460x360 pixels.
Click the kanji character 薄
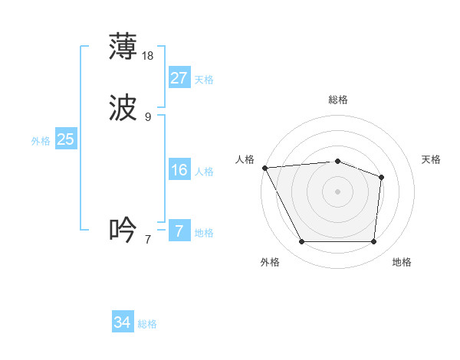tap(123, 47)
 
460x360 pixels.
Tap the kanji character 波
tap(123, 109)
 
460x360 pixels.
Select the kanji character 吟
tap(123, 230)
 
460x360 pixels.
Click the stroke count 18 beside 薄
tap(149, 55)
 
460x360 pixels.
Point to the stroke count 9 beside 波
tap(148, 116)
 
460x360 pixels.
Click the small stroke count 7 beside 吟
tap(148, 239)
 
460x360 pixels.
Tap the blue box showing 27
tap(179, 78)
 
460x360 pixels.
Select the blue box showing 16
tap(179, 170)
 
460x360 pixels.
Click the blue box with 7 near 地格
tap(179, 231)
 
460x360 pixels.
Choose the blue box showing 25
tap(65, 139)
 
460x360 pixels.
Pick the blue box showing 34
tap(123, 323)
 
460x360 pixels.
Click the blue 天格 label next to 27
tap(204, 80)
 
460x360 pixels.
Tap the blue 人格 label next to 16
tap(204, 172)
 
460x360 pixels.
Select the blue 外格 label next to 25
tap(41, 141)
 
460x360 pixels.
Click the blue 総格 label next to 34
tap(148, 325)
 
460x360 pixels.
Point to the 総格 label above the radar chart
tap(338, 100)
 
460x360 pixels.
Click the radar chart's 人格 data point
tap(264, 168)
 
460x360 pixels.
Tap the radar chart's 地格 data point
tap(373, 242)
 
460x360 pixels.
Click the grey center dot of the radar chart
tap(338, 191)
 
